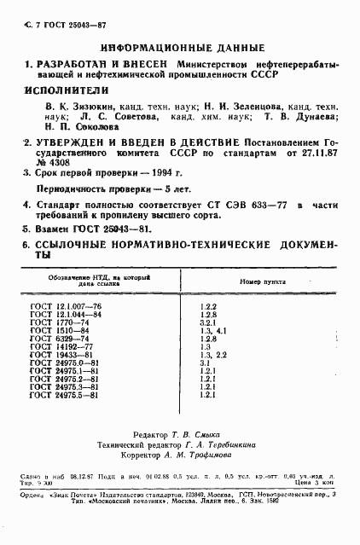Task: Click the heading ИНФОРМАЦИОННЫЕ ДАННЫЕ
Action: coord(178,48)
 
